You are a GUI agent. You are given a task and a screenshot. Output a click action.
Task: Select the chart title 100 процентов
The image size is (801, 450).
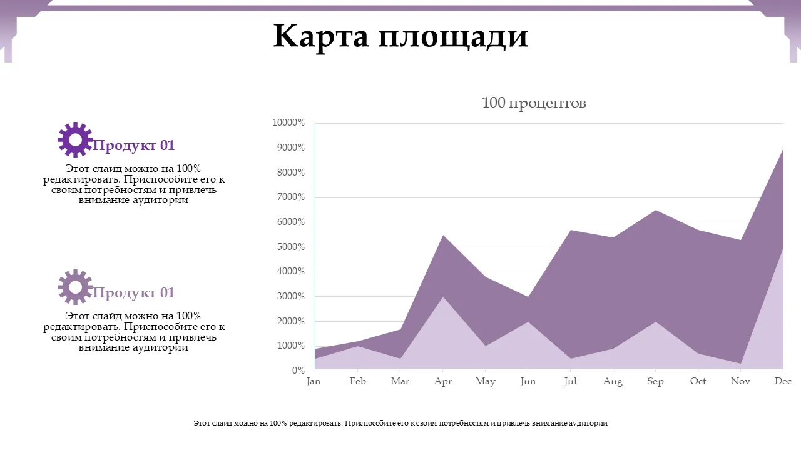pyautogui.click(x=534, y=102)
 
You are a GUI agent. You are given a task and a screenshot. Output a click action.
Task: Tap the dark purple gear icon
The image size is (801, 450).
pyautogui.click(x=75, y=139)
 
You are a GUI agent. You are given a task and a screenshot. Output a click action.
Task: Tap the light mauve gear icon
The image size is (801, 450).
pyautogui.click(x=75, y=287)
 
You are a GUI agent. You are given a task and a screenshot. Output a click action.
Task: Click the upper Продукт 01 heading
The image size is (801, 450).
pyautogui.click(x=133, y=146)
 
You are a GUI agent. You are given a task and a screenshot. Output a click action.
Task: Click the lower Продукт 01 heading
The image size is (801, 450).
pyautogui.click(x=133, y=293)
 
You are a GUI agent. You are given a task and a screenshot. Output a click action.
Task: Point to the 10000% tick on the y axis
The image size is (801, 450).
pyautogui.click(x=288, y=123)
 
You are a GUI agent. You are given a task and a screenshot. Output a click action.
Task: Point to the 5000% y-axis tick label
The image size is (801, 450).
pyautogui.click(x=290, y=247)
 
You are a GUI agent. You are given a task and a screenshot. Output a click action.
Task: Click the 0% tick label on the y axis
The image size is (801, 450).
pyautogui.click(x=298, y=371)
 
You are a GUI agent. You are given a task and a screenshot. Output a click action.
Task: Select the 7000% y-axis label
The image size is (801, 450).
pyautogui.click(x=290, y=197)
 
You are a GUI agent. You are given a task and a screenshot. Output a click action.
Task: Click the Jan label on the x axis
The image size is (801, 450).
pyautogui.click(x=314, y=381)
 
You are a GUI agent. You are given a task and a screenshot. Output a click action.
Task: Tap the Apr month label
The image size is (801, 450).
pyautogui.click(x=443, y=381)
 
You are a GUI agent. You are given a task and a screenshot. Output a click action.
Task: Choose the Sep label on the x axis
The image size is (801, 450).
pyautogui.click(x=655, y=381)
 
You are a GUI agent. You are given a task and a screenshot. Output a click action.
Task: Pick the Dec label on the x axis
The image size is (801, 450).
pyautogui.click(x=783, y=381)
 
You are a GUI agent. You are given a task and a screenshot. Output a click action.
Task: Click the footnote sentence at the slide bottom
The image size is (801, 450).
pyautogui.click(x=400, y=423)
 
